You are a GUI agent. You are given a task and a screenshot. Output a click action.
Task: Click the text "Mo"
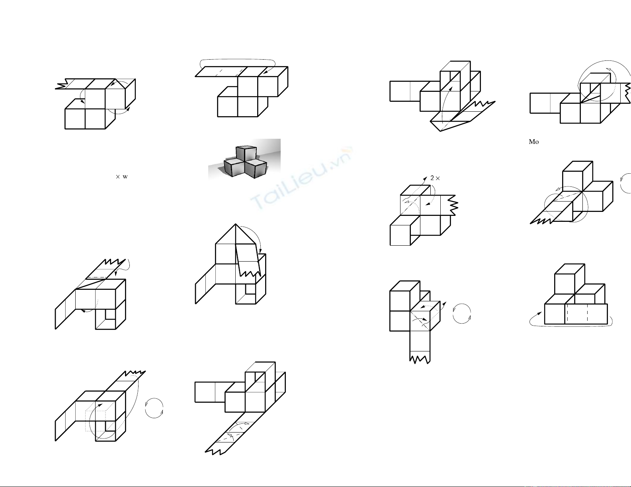click(533, 142)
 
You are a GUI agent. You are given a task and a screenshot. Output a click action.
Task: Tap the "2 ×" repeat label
click(435, 178)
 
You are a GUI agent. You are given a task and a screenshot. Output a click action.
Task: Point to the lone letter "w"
click(125, 177)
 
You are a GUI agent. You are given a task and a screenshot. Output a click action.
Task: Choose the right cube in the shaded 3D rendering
click(256, 168)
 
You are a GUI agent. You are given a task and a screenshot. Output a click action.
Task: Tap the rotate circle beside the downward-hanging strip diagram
click(462, 313)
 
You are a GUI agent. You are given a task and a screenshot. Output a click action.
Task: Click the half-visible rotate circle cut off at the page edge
click(626, 183)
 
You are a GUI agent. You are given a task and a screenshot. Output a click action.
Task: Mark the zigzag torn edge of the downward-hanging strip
click(420, 359)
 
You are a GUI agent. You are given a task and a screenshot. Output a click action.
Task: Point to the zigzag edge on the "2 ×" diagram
click(454, 205)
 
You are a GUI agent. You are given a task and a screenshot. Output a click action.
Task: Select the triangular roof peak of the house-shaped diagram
click(236, 234)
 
